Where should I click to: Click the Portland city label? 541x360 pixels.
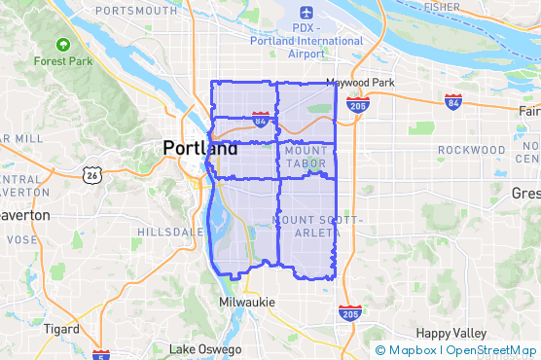point(199,149)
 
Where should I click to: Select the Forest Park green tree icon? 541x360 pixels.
point(63,45)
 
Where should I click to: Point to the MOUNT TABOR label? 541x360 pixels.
point(307,158)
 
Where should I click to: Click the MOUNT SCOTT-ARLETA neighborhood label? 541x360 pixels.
point(308,227)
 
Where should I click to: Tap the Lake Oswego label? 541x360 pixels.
point(205,349)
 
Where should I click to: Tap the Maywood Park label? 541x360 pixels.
point(360,83)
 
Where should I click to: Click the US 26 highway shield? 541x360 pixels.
point(92,175)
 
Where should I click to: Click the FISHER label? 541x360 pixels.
point(443,7)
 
